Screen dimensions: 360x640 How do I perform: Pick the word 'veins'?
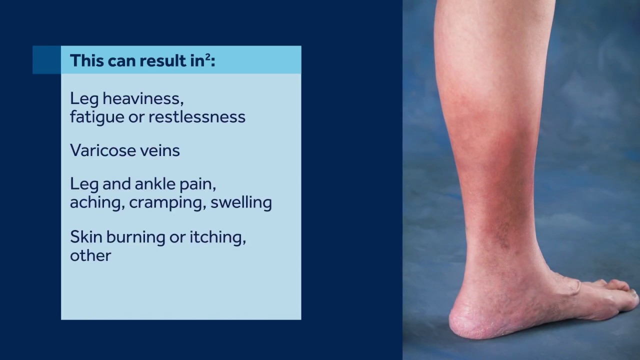tap(160, 150)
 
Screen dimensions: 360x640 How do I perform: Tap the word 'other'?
tap(90, 255)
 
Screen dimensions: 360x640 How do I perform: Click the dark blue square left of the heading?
tap(46, 60)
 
